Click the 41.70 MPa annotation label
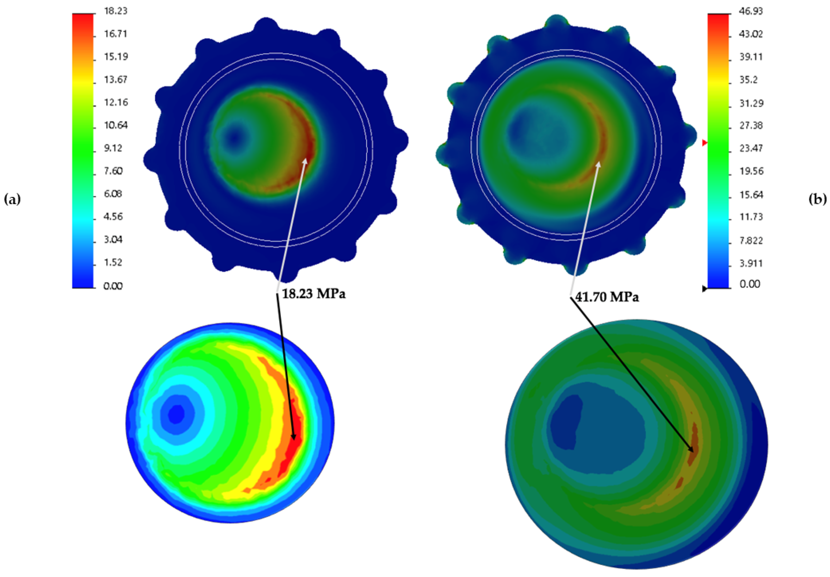(607, 297)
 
